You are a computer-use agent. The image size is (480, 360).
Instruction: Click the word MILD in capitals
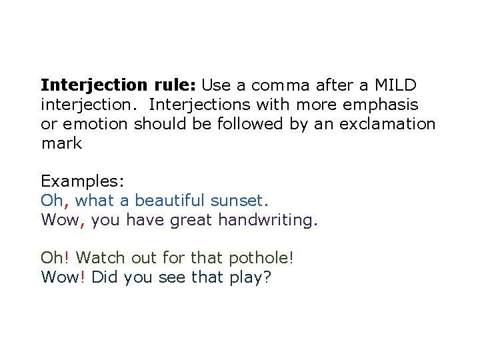tap(395, 85)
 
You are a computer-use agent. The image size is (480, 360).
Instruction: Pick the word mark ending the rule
tap(61, 143)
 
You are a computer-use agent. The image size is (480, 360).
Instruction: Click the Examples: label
tap(83, 181)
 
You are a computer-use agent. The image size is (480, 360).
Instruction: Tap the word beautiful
tap(171, 201)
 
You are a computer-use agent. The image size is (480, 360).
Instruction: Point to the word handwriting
tap(268, 220)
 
